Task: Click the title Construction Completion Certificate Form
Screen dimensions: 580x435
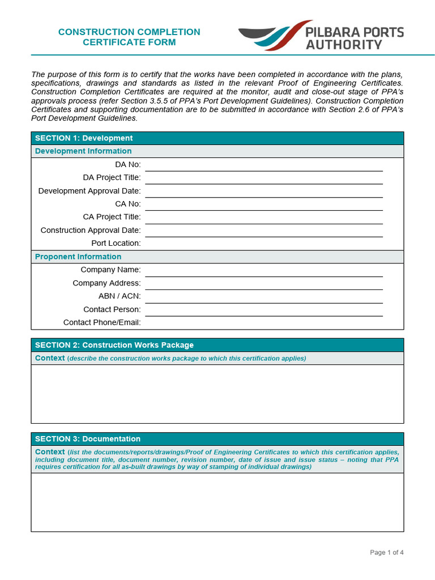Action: [129, 37]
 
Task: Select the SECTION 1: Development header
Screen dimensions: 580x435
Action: [84, 138]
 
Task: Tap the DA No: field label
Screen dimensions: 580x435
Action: [128, 164]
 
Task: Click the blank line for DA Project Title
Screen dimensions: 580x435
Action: [263, 178]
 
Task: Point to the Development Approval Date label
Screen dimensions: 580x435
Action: [89, 191]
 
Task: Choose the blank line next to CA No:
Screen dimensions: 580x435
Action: [263, 204]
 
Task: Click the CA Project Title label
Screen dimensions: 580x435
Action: [112, 217]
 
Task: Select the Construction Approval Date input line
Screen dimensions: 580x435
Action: [263, 231]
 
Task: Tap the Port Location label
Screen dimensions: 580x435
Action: [116, 244]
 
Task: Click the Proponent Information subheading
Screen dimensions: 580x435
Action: [78, 257]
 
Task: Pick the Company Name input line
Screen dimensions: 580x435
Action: [263, 270]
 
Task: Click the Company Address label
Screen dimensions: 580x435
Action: [106, 283]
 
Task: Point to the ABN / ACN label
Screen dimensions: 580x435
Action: [120, 296]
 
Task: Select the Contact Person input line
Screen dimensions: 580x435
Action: [263, 310]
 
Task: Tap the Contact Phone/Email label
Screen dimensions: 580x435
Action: [102, 323]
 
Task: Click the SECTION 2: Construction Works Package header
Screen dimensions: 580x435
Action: [114, 345]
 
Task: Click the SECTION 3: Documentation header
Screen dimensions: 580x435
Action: [88, 439]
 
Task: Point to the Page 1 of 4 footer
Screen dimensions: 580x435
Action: [387, 552]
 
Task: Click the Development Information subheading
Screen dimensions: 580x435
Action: [83, 151]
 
